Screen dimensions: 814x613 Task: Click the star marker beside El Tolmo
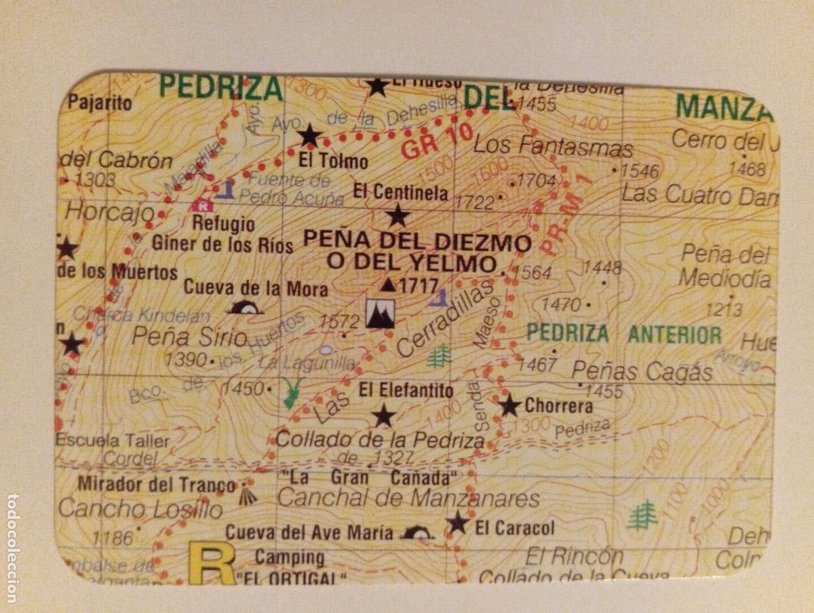[309, 135]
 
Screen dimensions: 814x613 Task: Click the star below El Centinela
[398, 216]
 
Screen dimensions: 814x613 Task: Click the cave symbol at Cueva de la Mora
[245, 308]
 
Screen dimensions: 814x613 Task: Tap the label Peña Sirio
[189, 335]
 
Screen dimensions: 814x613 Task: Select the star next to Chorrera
[509, 406]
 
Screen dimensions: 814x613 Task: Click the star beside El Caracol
[458, 523]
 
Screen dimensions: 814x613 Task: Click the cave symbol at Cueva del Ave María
[417, 533]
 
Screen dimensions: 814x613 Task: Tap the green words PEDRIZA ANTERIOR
[624, 334]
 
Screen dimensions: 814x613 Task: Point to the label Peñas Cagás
[642, 371]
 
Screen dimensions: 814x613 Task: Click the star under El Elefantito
[383, 415]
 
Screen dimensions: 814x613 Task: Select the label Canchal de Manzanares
[408, 498]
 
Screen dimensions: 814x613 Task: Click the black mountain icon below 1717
[380, 314]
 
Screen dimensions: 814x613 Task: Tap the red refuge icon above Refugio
[201, 204]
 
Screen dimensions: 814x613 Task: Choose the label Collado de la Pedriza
[381, 439]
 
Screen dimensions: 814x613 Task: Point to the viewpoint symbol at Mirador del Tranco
[249, 496]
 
